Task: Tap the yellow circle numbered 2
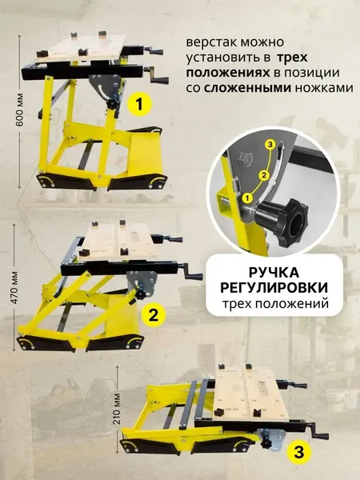click(x=153, y=314)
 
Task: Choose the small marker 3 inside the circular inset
click(x=270, y=144)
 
